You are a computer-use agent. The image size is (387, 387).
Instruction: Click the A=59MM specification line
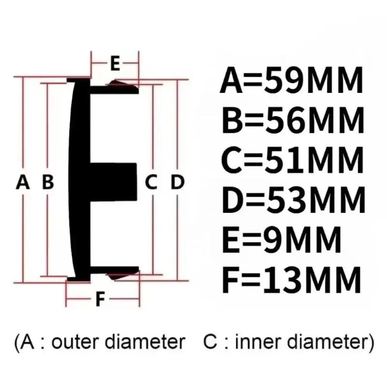[291, 81]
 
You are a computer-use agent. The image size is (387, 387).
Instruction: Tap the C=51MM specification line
[293, 160]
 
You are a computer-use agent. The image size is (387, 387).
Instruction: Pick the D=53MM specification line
[294, 200]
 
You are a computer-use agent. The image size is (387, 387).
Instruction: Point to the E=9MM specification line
[282, 240]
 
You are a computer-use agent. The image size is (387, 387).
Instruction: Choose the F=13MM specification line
[291, 279]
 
